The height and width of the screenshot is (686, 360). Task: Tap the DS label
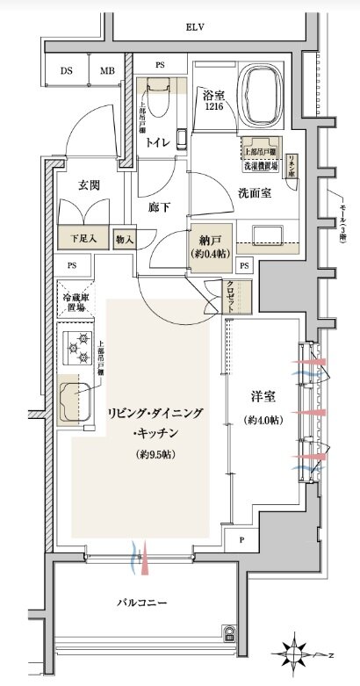tap(67, 71)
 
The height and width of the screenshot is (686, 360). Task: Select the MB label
tap(106, 71)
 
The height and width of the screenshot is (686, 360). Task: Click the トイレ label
tap(158, 141)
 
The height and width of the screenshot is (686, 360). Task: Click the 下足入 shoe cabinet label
tap(83, 238)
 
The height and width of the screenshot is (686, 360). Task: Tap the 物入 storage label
tap(124, 238)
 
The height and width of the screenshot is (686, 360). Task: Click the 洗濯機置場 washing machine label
tap(261, 164)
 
